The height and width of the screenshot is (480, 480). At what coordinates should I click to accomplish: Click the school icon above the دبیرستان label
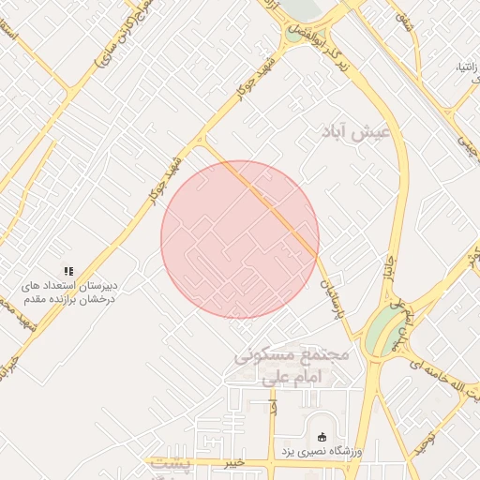pos(67,271)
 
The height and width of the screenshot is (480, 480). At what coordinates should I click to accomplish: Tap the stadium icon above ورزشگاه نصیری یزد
pos(322,436)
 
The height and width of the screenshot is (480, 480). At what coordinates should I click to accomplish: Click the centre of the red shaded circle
pos(240,239)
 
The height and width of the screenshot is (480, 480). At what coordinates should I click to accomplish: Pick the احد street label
pos(273,410)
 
